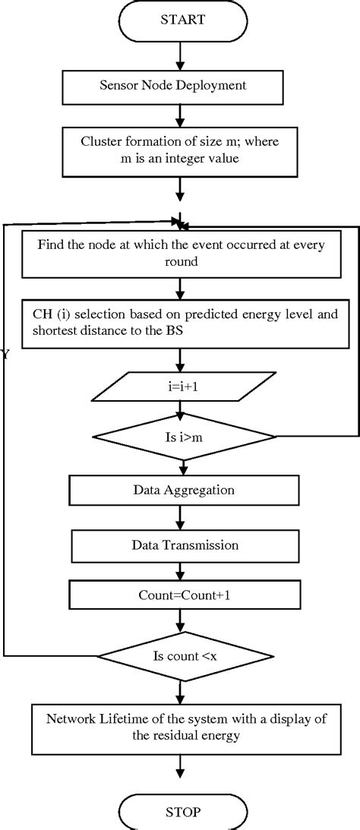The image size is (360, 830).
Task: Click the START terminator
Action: [x=181, y=21]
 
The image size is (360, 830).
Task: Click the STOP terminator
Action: [x=181, y=812]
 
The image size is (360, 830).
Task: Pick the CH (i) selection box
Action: [x=181, y=322]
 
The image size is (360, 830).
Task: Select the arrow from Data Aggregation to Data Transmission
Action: [x=181, y=517]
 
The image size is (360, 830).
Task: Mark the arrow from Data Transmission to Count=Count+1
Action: [x=181, y=570]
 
